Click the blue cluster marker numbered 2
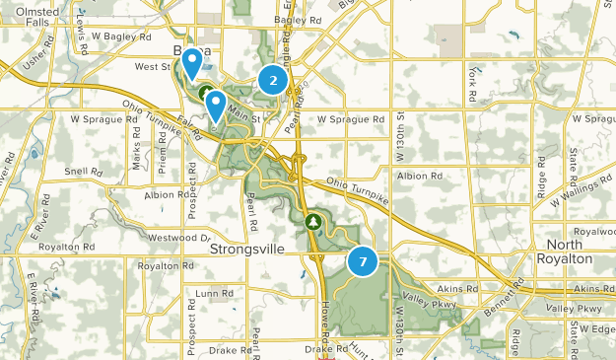point(273,80)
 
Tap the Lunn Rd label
point(213,293)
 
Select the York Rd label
point(474,87)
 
